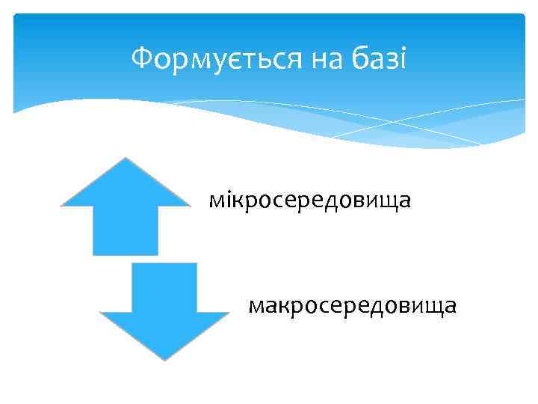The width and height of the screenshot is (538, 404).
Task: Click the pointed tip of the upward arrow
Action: (x=126, y=159)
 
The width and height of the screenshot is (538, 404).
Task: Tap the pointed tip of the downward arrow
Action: (x=164, y=359)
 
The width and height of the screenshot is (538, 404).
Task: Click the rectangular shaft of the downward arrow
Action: (x=164, y=287)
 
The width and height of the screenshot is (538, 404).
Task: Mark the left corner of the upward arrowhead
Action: (x=62, y=204)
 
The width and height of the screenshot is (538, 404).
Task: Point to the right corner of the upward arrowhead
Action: (x=189, y=204)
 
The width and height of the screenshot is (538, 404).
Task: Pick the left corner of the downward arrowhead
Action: (x=101, y=313)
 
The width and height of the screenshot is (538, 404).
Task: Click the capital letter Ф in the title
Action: (x=140, y=58)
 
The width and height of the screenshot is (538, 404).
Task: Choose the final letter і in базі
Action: (x=402, y=58)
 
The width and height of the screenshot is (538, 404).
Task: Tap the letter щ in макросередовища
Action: (x=436, y=307)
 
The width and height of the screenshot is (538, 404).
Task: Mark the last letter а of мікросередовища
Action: (x=406, y=201)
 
